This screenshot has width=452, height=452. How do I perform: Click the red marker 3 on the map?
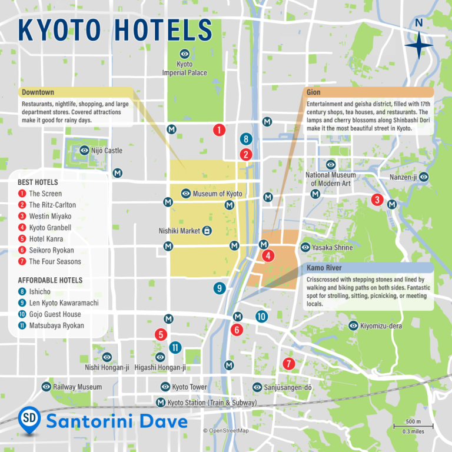pos(377,200)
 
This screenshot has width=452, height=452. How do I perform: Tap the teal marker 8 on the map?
pos(247,139)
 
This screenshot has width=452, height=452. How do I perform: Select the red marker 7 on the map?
pos(288,364)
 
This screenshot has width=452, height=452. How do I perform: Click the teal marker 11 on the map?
pos(175,347)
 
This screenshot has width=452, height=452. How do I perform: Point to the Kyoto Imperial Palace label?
pos(185,68)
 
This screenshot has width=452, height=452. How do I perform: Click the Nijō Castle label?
pos(107,151)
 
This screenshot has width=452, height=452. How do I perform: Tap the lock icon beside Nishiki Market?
pos(207,231)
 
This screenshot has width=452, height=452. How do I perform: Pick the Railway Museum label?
pos(77,387)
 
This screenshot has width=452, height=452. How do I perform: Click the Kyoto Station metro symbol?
pos(161,403)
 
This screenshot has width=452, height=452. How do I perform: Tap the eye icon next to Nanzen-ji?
pos(423,177)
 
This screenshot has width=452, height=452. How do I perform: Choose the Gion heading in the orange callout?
pos(314,92)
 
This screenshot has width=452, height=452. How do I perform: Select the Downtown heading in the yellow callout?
pos(37,92)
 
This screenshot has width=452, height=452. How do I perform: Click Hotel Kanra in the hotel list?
pos(46,239)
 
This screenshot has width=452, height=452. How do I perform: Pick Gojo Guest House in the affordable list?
pos(55,314)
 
